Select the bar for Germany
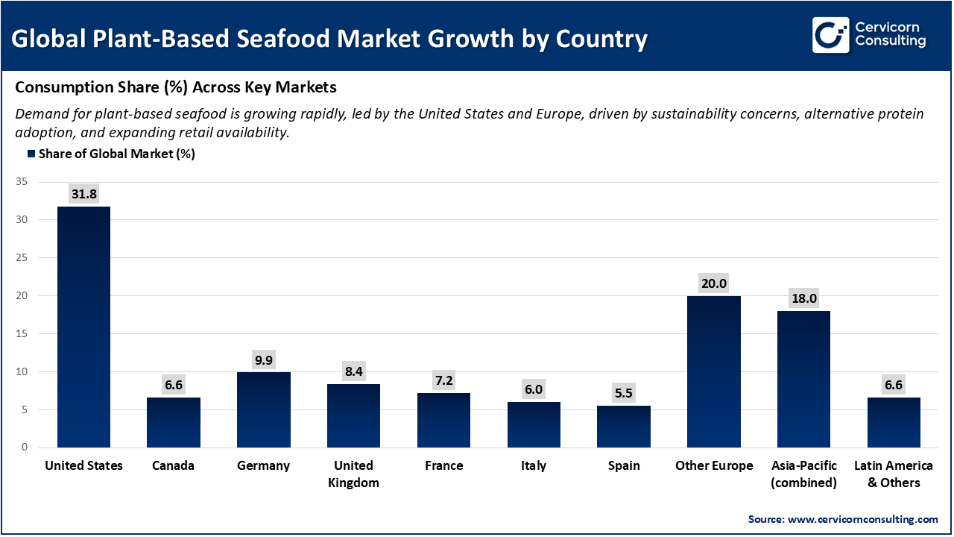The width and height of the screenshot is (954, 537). click(263, 409)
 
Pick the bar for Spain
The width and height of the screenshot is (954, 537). click(624, 427)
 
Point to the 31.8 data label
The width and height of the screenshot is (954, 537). click(83, 193)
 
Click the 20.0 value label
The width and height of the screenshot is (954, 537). click(713, 283)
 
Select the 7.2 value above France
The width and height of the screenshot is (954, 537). click(443, 380)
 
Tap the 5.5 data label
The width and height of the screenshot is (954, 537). click(624, 393)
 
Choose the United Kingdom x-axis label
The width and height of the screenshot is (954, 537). click(353, 474)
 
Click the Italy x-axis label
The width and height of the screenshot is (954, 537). click(534, 465)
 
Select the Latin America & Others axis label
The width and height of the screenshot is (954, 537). click(893, 474)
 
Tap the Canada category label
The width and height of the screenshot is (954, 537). click(173, 465)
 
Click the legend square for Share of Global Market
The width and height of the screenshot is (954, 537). click(31, 154)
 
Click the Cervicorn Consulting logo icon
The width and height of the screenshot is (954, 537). click(831, 35)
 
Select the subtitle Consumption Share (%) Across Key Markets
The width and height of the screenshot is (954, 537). click(176, 87)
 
